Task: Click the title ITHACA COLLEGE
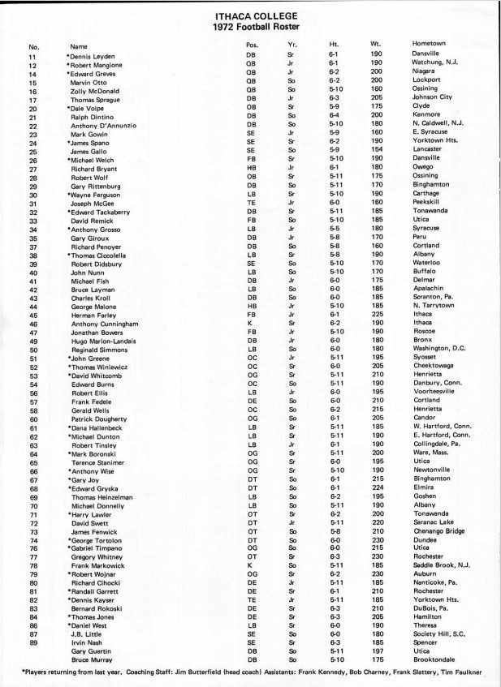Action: [251, 15]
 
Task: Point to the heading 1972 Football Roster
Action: [251, 27]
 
